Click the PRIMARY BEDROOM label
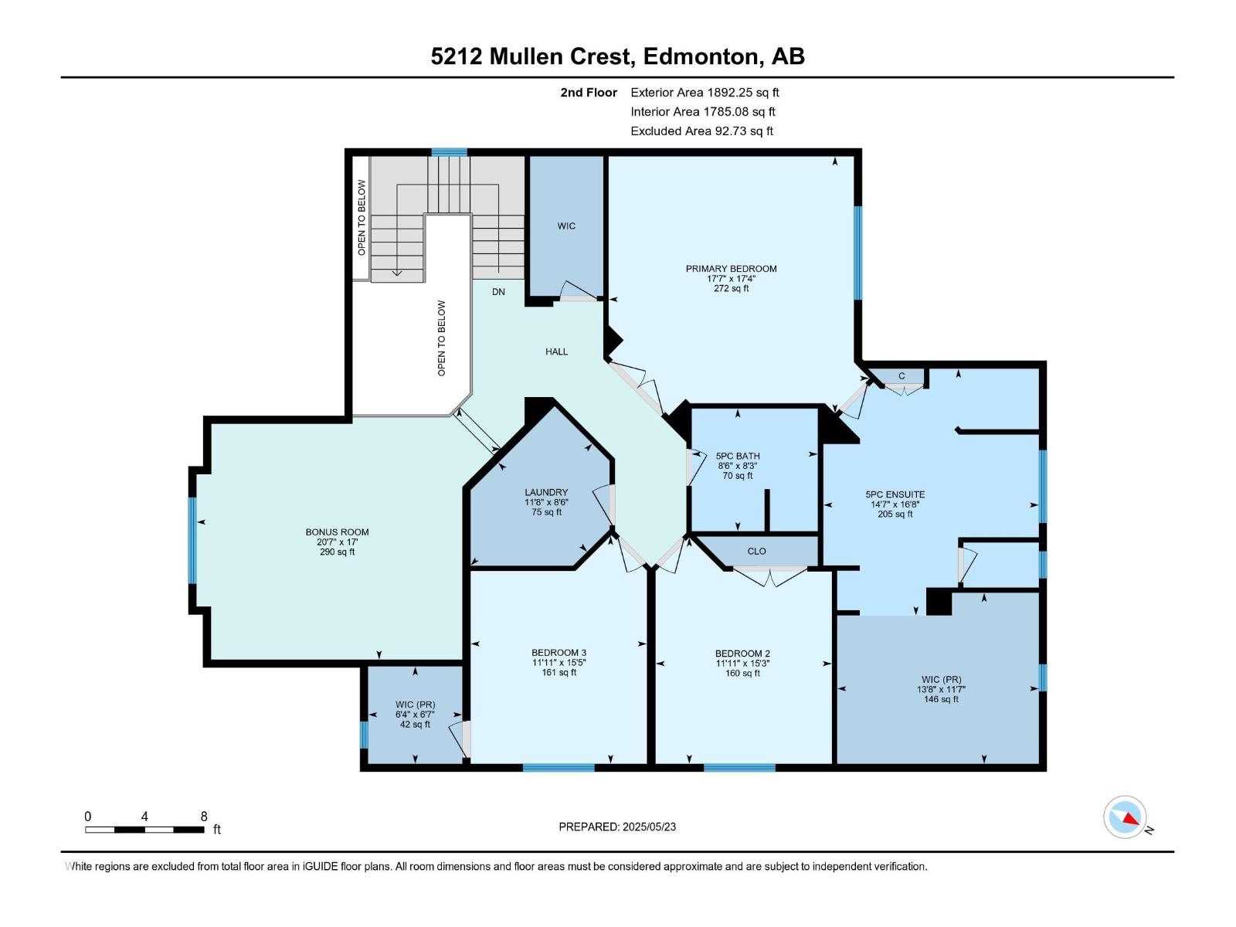coord(731,269)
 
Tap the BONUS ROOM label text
coord(337,532)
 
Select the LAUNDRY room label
coord(545,492)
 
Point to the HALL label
coord(556,351)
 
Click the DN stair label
coord(498,291)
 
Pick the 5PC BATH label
coord(738,456)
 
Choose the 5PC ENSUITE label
coord(895,494)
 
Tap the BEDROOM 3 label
coord(559,653)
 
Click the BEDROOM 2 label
coord(742,654)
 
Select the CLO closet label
coord(756,551)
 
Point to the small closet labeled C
coord(901,376)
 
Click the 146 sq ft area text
coord(940,699)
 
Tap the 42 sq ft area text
coord(415,725)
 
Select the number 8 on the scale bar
coord(204,816)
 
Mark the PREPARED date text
coord(617,827)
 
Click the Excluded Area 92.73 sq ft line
coord(701,131)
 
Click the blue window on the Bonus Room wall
coord(192,540)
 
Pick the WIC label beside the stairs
coord(566,226)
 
